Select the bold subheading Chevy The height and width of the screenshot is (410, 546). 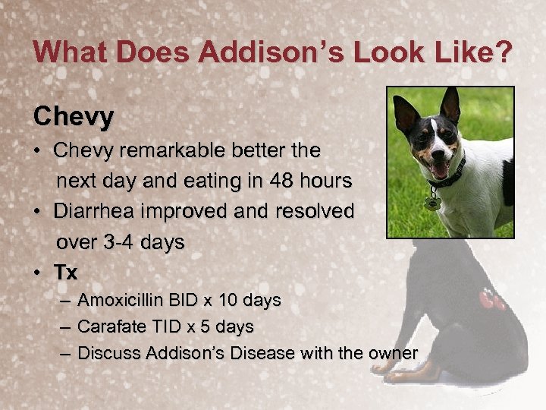click(x=74, y=116)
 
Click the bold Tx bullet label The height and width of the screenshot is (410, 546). click(x=65, y=272)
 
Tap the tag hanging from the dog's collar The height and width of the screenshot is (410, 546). click(x=433, y=203)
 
